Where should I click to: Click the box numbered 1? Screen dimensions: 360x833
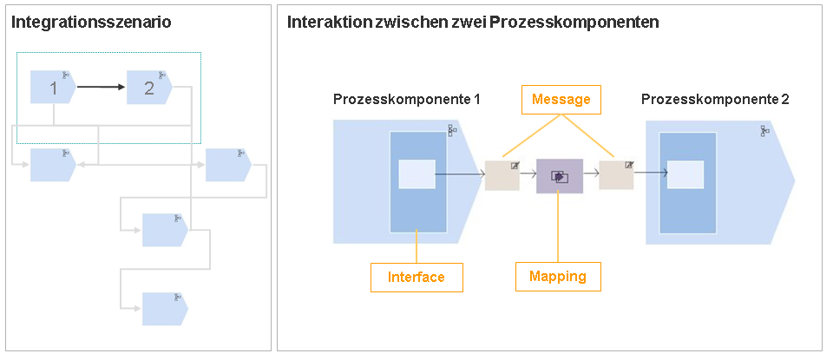53,87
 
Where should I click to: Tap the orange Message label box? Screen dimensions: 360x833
561,100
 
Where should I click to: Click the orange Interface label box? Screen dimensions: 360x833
416,277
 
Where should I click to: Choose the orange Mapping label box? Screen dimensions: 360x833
559,276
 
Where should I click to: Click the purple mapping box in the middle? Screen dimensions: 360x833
560,176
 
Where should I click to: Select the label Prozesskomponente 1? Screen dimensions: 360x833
407,100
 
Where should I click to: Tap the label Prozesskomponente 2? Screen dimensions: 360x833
715,100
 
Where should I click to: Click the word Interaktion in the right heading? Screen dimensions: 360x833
322,23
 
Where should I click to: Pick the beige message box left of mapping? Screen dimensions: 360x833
502,175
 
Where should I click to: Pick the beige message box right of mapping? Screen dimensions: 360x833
616,175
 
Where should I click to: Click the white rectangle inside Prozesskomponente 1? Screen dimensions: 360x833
416,174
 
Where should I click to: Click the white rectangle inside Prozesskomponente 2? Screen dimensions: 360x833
685,174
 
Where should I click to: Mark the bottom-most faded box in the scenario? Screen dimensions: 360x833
164,308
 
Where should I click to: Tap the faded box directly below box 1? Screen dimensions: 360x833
52,165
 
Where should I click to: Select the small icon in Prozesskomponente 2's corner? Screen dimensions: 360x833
764,130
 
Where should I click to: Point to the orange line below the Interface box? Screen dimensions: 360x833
417,247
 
